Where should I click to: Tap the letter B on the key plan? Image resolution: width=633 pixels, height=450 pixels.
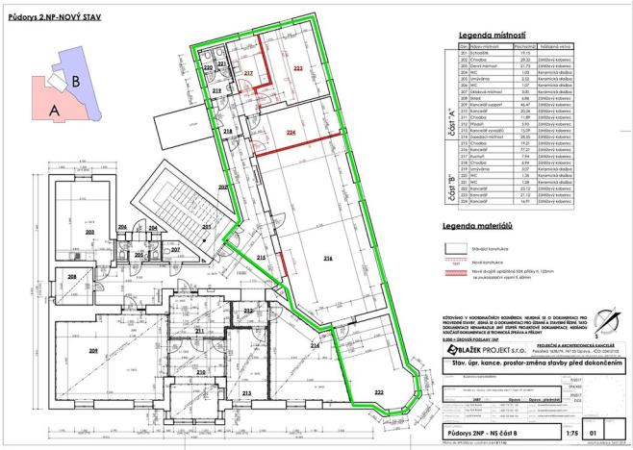pyautogui.click(x=75, y=83)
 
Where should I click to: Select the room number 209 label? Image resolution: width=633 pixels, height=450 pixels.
pyautogui.click(x=93, y=351)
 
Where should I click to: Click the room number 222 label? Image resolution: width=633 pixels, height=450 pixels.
pyautogui.click(x=380, y=393)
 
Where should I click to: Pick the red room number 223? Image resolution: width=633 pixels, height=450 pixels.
pyautogui.click(x=298, y=69)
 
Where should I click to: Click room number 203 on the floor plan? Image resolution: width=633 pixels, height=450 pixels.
pyautogui.click(x=89, y=232)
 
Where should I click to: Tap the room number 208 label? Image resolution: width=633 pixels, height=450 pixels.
pyautogui.click(x=71, y=278)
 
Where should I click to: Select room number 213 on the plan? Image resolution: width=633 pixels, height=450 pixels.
pyautogui.click(x=246, y=393)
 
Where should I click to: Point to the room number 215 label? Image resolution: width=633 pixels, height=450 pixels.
pyautogui.click(x=261, y=259)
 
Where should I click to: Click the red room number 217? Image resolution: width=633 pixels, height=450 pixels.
pyautogui.click(x=247, y=73)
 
